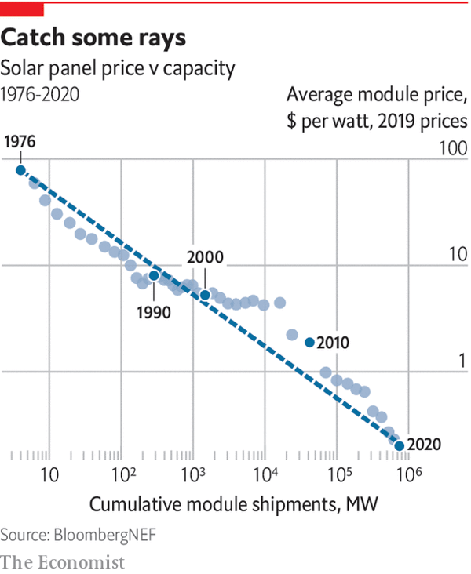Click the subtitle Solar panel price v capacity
pos(118,68)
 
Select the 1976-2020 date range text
pos(39,94)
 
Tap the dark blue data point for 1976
pos(21,169)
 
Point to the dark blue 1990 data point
pos(154,275)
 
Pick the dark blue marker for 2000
pos(205,295)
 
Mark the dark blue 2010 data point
pos(309,342)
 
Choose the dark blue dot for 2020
pos(400,445)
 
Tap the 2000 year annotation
pos(206,257)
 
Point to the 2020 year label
pos(425,445)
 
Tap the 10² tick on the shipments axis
pos(122,474)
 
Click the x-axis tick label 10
pos(49,475)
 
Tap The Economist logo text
pos(63,561)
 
